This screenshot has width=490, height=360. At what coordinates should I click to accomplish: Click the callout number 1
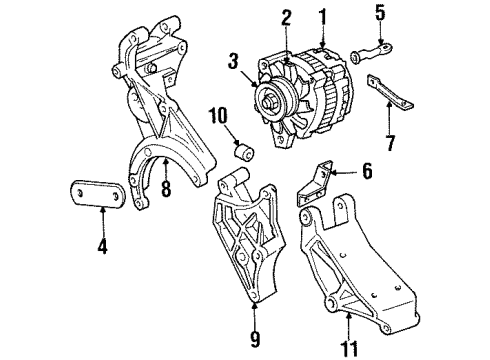pyautogui.click(x=322, y=17)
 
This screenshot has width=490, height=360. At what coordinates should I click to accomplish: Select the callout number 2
pyautogui.click(x=286, y=16)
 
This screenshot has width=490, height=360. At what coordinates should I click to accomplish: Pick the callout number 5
pyautogui.click(x=379, y=14)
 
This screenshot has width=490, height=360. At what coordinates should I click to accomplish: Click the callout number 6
pyautogui.click(x=366, y=172)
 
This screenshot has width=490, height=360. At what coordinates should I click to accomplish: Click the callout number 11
pyautogui.click(x=346, y=323)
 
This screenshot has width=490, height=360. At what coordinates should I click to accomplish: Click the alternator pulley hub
pyautogui.click(x=271, y=97)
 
